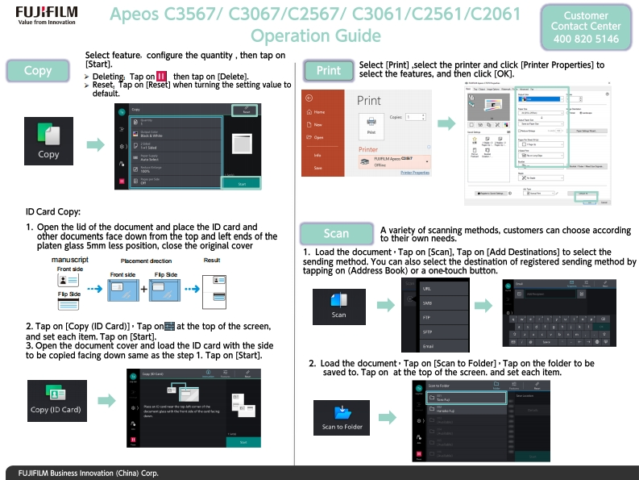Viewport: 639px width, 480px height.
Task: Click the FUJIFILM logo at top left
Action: [44, 15]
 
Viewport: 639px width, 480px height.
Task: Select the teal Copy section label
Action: [38, 71]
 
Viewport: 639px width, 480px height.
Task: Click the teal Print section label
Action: [328, 71]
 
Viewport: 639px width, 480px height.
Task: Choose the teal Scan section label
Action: [336, 233]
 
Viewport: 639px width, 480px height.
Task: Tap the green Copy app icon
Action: [48, 140]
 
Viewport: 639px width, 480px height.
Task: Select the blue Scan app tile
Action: [338, 304]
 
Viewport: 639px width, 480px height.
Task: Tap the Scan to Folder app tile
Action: [342, 417]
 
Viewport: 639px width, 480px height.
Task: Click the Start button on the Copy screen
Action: [242, 184]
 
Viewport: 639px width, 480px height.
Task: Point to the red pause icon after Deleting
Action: [161, 77]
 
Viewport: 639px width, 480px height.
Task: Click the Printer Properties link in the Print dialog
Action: [414, 173]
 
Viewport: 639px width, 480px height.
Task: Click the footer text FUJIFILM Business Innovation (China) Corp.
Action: [84, 473]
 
